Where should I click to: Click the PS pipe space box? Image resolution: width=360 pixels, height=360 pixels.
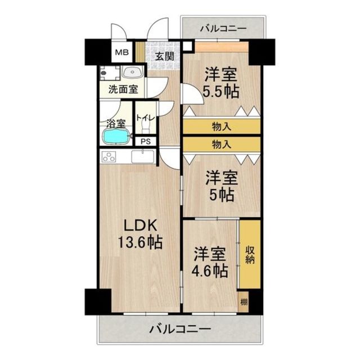(x=145, y=142)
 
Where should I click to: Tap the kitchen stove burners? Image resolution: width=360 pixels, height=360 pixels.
(x=109, y=157)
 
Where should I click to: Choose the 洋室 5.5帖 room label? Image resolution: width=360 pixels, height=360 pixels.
(x=220, y=83)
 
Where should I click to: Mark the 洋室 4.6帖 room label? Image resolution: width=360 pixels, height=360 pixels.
(x=211, y=262)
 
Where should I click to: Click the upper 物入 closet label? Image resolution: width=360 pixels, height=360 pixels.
(x=221, y=126)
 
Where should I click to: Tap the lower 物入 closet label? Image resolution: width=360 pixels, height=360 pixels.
(x=221, y=145)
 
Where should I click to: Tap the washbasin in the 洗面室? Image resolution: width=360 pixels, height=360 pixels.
(x=131, y=72)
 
